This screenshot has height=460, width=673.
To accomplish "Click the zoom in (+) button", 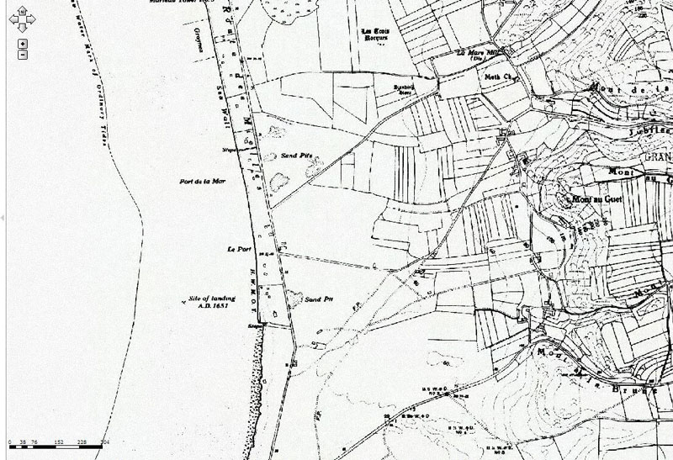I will click(x=23, y=43).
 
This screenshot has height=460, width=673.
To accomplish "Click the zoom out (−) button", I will click(x=23, y=55).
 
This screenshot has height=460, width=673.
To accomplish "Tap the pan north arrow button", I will click(x=23, y=10).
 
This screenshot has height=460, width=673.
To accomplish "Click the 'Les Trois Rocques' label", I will click(x=376, y=36).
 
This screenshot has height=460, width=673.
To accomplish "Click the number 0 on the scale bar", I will click(x=9, y=440).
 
